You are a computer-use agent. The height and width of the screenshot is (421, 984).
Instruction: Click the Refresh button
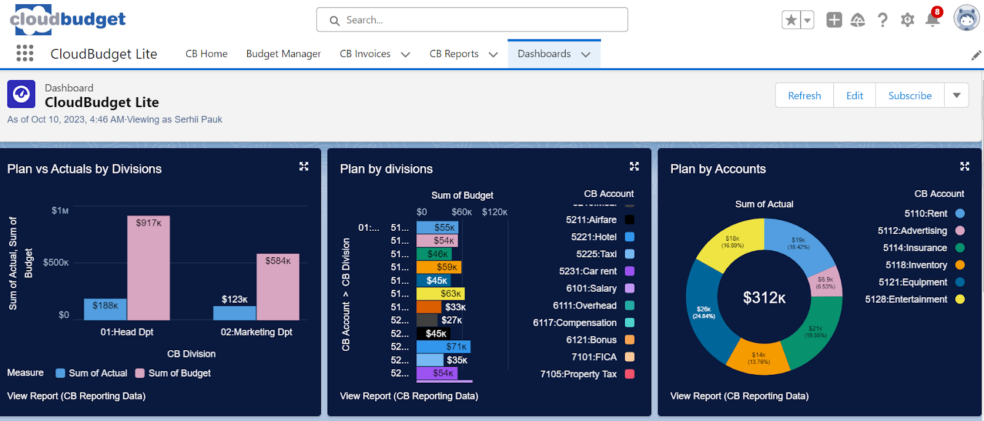pyautogui.click(x=804, y=95)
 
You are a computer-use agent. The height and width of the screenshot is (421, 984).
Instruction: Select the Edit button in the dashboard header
pyautogui.click(x=854, y=95)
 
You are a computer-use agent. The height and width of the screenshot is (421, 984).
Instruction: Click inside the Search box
pyautogui.click(x=472, y=20)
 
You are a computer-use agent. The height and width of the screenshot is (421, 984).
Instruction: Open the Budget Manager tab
pyautogui.click(x=284, y=54)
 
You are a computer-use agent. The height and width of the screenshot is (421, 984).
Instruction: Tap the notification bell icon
pyautogui.click(x=932, y=20)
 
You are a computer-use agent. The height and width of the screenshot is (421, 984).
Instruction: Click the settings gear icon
pyautogui.click(x=907, y=20)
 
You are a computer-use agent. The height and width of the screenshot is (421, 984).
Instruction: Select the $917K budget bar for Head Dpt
pyautogui.click(x=149, y=268)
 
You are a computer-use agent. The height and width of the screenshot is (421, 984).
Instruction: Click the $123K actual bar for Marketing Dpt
pyautogui.click(x=234, y=313)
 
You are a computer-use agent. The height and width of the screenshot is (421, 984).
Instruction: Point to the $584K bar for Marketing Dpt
pyautogui.click(x=278, y=287)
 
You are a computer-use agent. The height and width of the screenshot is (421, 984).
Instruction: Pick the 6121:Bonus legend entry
pyautogui.click(x=592, y=340)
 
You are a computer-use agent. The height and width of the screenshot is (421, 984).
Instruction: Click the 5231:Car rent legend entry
pyautogui.click(x=588, y=271)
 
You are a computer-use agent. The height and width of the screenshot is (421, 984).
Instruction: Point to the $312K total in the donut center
pyautogui.click(x=764, y=298)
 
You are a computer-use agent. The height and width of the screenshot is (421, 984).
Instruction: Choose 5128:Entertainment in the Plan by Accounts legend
pyautogui.click(x=907, y=299)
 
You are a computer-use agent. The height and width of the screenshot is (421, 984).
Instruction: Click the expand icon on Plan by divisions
pyautogui.click(x=634, y=166)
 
